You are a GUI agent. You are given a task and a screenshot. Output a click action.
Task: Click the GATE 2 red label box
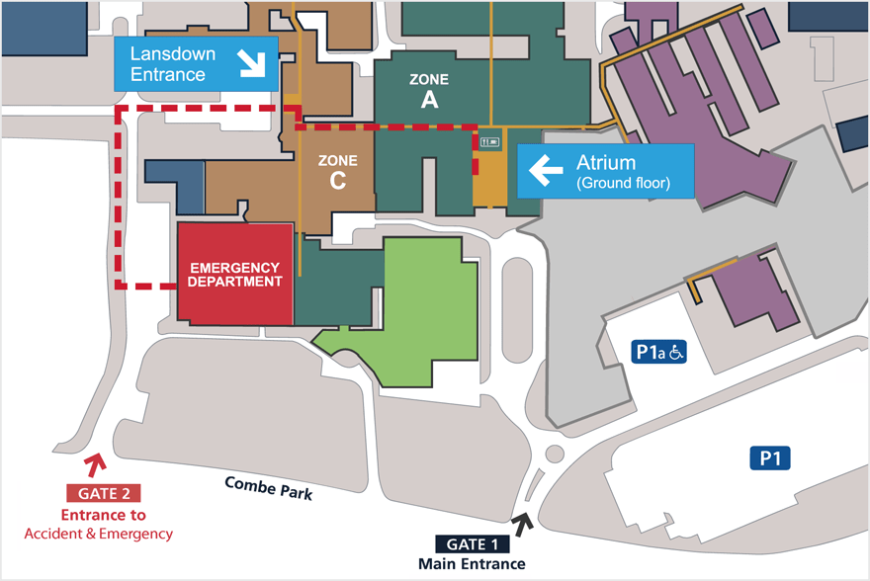103,492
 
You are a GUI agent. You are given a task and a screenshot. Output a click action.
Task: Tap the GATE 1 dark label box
473,543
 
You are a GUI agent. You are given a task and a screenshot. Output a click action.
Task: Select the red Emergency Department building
236,274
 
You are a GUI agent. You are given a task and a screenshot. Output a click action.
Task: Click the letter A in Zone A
429,99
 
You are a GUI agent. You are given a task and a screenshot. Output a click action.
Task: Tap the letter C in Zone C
337,181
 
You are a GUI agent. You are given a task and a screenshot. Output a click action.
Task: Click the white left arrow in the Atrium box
546,170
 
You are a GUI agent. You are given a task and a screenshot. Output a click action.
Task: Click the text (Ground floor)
623,183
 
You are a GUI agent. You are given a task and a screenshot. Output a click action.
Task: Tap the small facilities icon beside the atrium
489,142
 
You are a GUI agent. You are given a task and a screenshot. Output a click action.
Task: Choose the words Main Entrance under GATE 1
472,564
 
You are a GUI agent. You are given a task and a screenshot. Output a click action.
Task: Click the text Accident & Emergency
98,534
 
